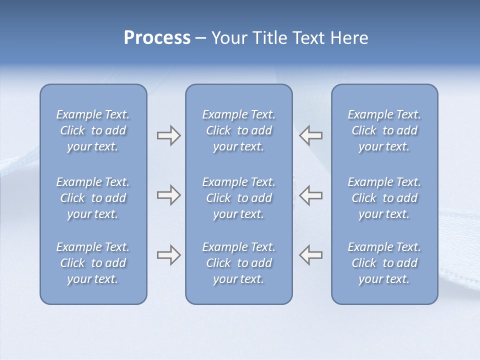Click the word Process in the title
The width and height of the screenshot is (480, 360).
pyautogui.click(x=157, y=38)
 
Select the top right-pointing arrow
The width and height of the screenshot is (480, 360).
pyautogui.click(x=168, y=135)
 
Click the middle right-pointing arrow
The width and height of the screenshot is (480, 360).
pyautogui.click(x=168, y=195)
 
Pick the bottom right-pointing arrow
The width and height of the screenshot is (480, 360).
pyautogui.click(x=168, y=255)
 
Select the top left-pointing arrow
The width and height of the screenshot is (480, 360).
pyautogui.click(x=311, y=135)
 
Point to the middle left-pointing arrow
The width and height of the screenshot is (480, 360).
pyautogui.click(x=311, y=195)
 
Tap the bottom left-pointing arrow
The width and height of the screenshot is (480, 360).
pyautogui.click(x=311, y=255)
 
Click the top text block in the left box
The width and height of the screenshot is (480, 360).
pyautogui.click(x=93, y=130)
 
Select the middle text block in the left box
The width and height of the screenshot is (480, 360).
pyautogui.click(x=93, y=198)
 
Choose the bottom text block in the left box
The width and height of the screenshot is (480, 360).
pyautogui.click(x=93, y=263)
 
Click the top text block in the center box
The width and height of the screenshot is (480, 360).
pyautogui.click(x=239, y=130)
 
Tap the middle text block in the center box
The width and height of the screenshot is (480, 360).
pyautogui.click(x=239, y=198)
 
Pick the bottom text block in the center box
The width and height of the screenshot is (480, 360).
pyautogui.click(x=239, y=263)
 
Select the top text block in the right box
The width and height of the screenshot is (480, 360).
pyautogui.click(x=384, y=130)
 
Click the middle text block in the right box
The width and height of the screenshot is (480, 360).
pyautogui.click(x=384, y=198)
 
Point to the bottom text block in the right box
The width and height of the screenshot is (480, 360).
pyautogui.click(x=384, y=263)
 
